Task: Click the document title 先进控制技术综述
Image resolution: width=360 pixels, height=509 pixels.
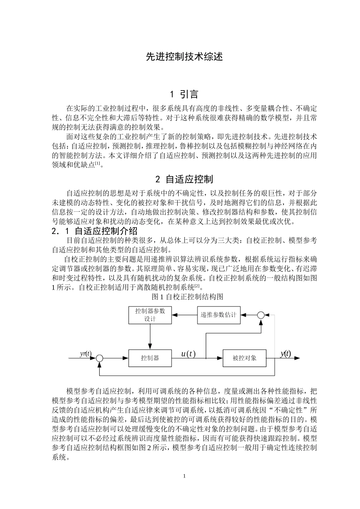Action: click(184, 57)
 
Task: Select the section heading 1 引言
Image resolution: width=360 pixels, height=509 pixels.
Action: click(184, 94)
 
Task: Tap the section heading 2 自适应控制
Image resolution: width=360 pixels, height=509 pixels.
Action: click(184, 179)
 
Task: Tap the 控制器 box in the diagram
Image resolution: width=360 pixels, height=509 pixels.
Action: click(150, 358)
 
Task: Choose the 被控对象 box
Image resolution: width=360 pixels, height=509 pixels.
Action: click(244, 358)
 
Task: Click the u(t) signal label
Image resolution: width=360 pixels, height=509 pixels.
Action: click(188, 354)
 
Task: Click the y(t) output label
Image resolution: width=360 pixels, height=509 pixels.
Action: click(285, 354)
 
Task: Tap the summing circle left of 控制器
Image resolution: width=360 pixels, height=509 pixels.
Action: click(100, 358)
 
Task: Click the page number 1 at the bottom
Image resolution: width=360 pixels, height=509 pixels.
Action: click(184, 476)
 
